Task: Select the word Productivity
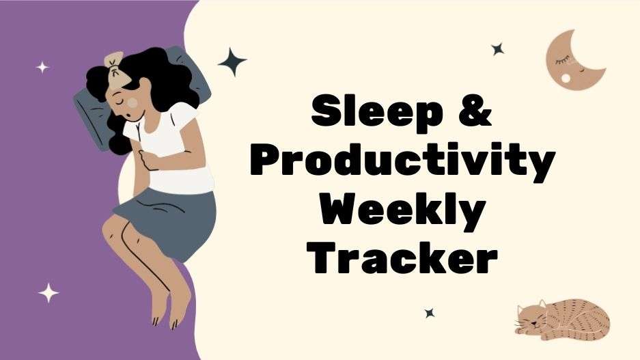(x=402, y=162)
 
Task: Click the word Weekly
(x=402, y=210)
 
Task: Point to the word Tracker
(x=402, y=258)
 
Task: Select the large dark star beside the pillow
(x=232, y=62)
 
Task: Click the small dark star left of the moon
(x=498, y=49)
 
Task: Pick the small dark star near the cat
(x=430, y=313)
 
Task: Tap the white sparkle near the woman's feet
(x=48, y=293)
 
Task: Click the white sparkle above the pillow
(x=42, y=67)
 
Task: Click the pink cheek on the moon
(x=565, y=79)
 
